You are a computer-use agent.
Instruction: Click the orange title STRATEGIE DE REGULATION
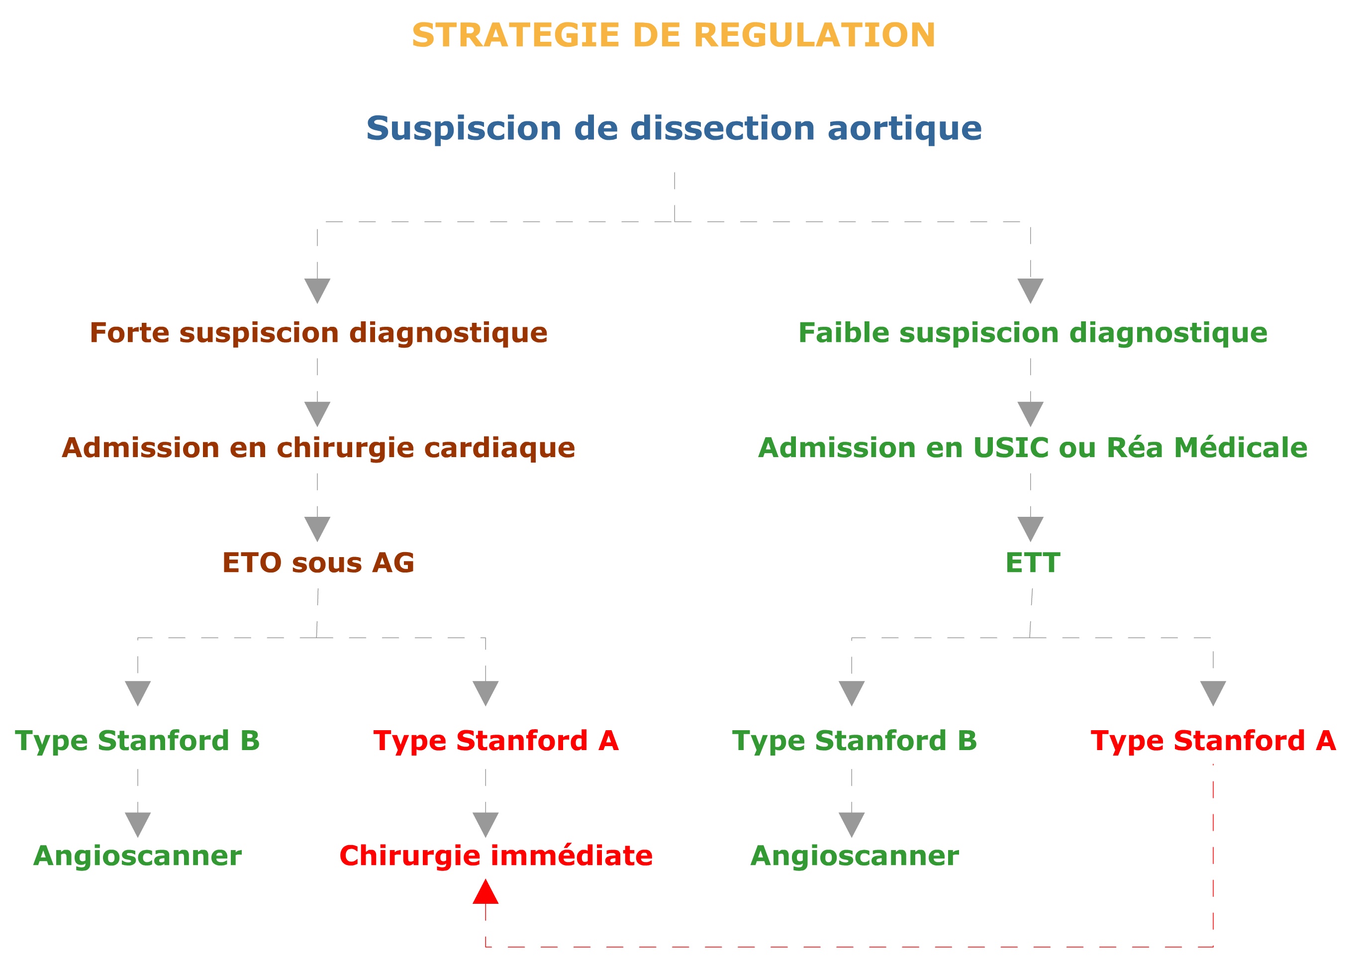coord(673,35)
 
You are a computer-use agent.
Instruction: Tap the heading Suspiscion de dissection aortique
coord(674,128)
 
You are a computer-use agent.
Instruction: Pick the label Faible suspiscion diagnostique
coord(1033,333)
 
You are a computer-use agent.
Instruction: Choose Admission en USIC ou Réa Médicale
coord(1033,448)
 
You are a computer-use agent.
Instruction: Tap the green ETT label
coord(1033,562)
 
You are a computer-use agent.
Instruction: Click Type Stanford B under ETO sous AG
coord(137,741)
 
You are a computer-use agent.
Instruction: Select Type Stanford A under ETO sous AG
coord(496,741)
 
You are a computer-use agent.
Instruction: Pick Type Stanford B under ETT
coord(855,741)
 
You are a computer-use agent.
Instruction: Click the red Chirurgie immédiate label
coord(496,856)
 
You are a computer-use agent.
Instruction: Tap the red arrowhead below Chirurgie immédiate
coord(485,891)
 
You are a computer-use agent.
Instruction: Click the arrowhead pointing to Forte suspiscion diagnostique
coord(317,291)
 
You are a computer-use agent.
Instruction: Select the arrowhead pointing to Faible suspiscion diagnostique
coord(1030,291)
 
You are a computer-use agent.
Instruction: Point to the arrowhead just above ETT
coord(1030,529)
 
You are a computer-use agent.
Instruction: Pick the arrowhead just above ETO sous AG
coord(317,529)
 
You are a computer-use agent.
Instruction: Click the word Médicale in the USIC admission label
coord(1241,448)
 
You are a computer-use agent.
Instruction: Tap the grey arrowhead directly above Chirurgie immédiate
coord(485,825)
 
